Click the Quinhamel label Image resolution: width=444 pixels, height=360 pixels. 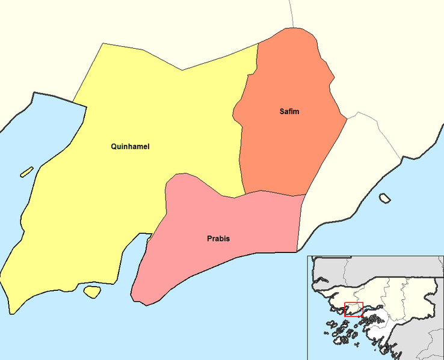(x=130, y=147)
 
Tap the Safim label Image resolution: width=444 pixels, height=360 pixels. (x=289, y=112)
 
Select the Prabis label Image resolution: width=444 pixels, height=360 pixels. (x=218, y=239)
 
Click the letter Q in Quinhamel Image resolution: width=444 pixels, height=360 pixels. (x=114, y=147)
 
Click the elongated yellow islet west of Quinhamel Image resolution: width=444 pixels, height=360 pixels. (x=26, y=172)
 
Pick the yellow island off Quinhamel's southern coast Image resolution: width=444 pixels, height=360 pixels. (x=91, y=291)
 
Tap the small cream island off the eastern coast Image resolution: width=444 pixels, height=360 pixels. (x=384, y=197)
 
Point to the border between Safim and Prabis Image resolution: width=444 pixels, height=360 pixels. (x=274, y=192)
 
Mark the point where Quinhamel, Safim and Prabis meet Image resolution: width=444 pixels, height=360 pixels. (x=244, y=194)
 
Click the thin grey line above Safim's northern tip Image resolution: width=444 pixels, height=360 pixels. (x=291, y=12)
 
